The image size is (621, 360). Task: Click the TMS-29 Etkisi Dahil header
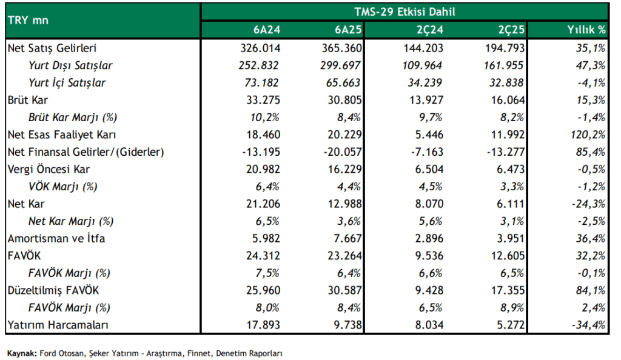(404, 12)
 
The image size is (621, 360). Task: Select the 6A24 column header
(267, 30)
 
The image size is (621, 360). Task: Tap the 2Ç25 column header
(511, 30)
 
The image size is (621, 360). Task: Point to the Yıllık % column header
(586, 30)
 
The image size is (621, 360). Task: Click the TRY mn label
(28, 21)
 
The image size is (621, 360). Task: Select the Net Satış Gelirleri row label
(52, 48)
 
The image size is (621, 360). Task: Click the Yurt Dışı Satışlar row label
(70, 65)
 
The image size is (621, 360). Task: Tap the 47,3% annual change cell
(591, 65)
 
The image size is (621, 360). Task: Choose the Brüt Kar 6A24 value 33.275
(263, 100)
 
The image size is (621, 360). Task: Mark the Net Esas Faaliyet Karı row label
(62, 135)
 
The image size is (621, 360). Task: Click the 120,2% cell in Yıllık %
(588, 135)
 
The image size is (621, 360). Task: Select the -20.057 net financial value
(343, 152)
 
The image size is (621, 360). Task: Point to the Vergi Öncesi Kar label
(49, 169)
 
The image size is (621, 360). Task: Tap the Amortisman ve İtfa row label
(56, 239)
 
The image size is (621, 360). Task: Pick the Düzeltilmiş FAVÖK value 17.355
(508, 291)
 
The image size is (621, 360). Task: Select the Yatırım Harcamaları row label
(58, 325)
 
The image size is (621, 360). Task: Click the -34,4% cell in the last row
(588, 325)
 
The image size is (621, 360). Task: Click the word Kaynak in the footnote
(22, 353)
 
